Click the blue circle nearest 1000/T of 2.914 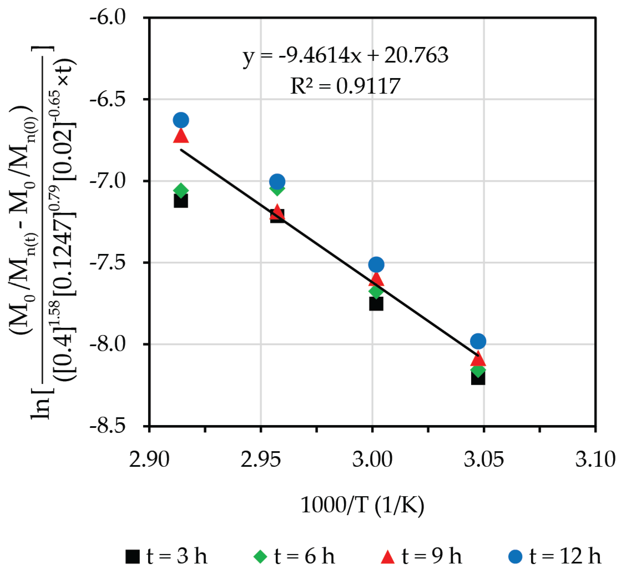[181, 120]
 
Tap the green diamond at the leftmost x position [181, 190]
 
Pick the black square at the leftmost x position [181, 201]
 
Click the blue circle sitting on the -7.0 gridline [277, 181]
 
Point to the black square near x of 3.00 [376, 303]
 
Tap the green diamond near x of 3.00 [376, 291]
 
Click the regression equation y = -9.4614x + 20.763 [345, 56]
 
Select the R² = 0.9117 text [345, 86]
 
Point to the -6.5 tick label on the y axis [107, 99]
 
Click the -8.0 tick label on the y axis [107, 344]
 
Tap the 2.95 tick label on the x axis [260, 459]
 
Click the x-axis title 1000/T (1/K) [362, 505]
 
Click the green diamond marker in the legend [260, 556]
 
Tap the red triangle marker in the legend [387, 556]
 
